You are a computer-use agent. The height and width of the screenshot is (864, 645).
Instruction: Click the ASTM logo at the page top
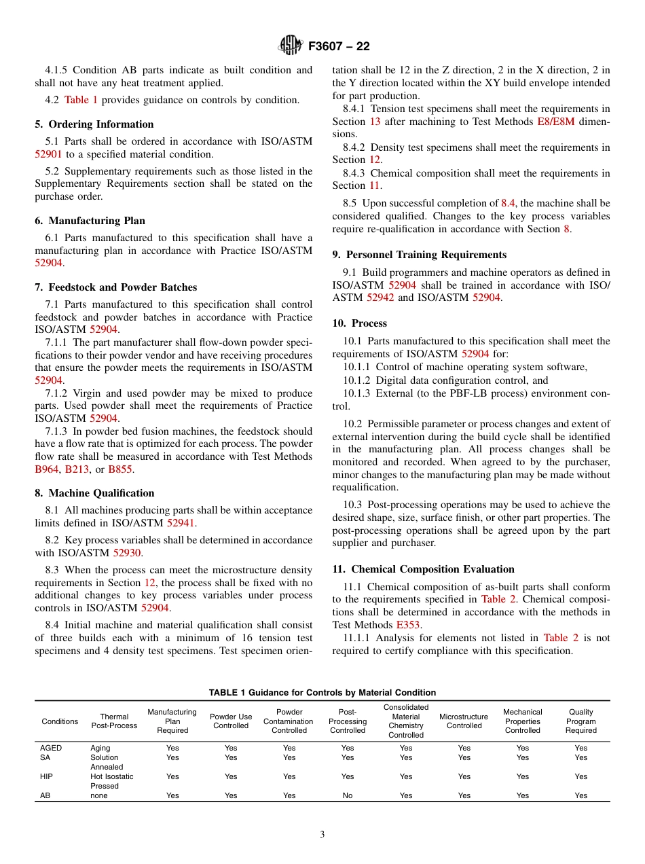coord(290,46)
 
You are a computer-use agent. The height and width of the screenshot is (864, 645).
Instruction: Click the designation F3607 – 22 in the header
coord(339,46)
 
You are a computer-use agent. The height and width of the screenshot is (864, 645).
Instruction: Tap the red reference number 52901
coord(49,154)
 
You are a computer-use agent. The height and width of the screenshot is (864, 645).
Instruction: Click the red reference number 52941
coord(181,523)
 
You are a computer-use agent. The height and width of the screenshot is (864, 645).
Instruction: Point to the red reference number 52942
coord(380,298)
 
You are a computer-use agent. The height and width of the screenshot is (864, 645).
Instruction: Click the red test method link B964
coord(48,469)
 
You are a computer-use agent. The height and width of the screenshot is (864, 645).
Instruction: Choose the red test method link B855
coord(120,469)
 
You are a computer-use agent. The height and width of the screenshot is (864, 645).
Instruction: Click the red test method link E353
coord(408,625)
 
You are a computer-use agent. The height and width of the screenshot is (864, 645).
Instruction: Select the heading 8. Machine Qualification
coord(94,493)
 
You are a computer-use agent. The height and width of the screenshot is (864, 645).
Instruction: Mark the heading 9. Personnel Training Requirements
coord(419,255)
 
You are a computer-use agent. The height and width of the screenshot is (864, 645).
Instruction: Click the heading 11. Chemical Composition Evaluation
coord(423,569)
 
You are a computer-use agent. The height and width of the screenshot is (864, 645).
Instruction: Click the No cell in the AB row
coord(348,795)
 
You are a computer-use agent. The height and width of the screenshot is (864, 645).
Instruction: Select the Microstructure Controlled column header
coord(464,721)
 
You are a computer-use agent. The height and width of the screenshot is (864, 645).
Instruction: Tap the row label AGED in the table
coord(51,748)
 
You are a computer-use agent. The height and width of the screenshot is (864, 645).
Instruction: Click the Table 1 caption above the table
coord(322,692)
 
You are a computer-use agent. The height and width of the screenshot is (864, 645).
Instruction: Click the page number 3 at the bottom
coord(322,835)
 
